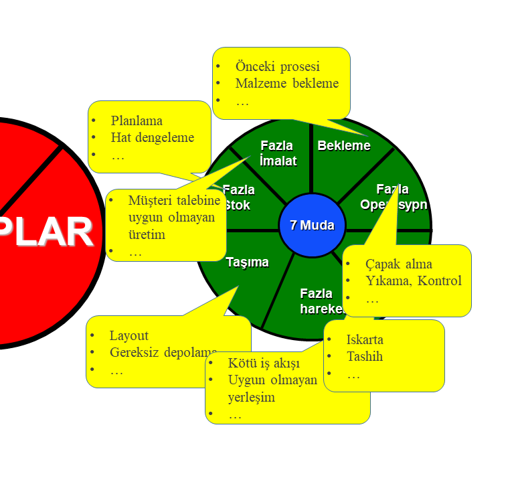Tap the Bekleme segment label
[x=344, y=145]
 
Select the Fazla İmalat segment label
[x=277, y=153]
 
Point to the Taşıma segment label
[x=247, y=262]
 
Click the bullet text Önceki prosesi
[x=277, y=66]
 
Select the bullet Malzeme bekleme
[x=286, y=83]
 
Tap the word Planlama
[x=137, y=120]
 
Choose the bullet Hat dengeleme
[x=152, y=137]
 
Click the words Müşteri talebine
[x=174, y=200]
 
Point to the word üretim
[x=147, y=234]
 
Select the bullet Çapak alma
[x=398, y=264]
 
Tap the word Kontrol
[x=440, y=280]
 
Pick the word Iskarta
[x=365, y=339]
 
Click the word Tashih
[x=365, y=356]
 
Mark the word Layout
[x=129, y=335]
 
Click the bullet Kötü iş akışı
[x=264, y=363]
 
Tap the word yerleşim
[x=252, y=397]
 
